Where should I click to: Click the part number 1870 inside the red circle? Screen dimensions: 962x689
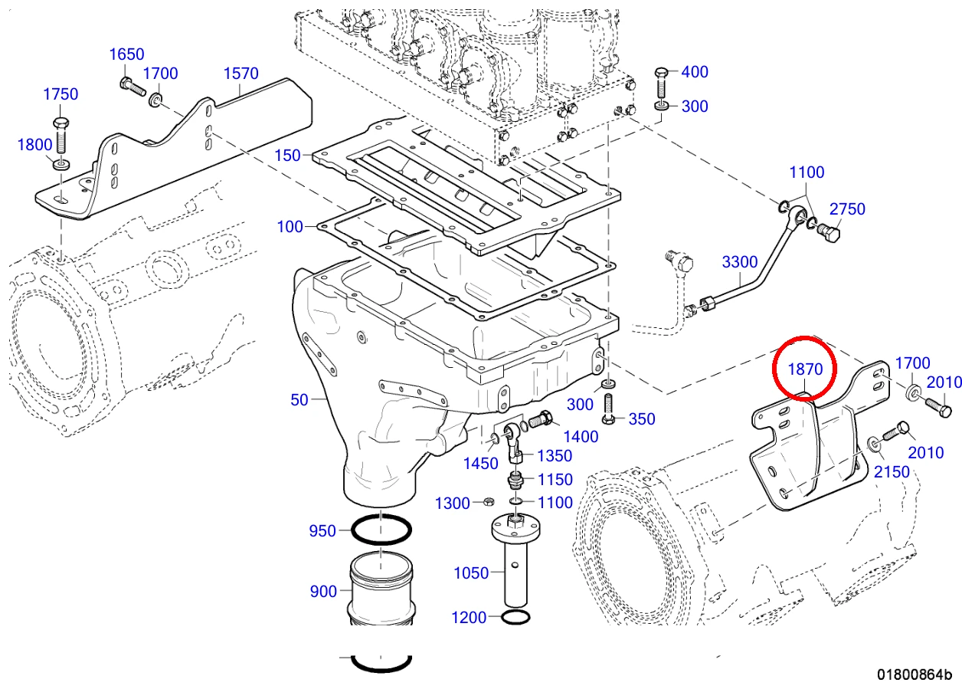805,369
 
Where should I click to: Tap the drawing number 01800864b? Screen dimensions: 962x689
915,674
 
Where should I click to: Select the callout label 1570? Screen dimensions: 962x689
241,74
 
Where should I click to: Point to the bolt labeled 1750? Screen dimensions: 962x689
61,135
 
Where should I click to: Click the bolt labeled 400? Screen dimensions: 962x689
662,83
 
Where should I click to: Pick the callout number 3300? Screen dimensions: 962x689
740,262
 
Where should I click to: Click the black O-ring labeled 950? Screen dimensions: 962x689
381,530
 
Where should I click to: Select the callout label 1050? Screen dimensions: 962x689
471,573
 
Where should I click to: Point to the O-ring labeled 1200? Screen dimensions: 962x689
515,617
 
